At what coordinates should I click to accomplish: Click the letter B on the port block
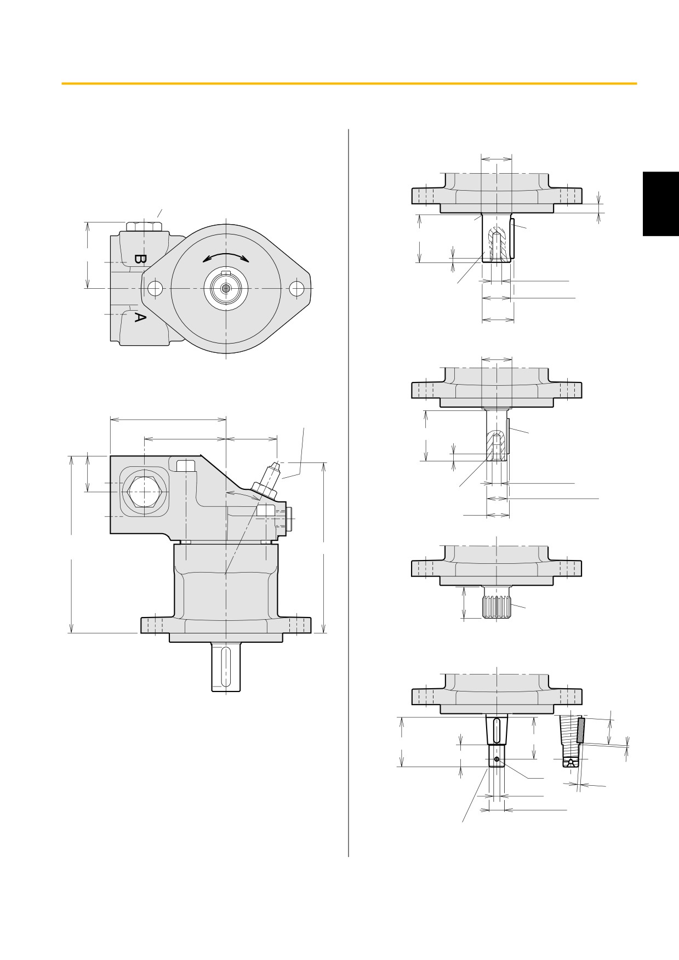click(x=140, y=259)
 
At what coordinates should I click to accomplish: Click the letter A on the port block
click(x=140, y=317)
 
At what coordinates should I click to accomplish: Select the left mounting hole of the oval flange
click(x=155, y=288)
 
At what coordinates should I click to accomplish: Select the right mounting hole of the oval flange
click(x=297, y=288)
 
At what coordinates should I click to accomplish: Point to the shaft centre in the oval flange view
click(x=225, y=288)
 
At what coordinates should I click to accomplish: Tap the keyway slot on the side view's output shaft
click(x=225, y=666)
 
